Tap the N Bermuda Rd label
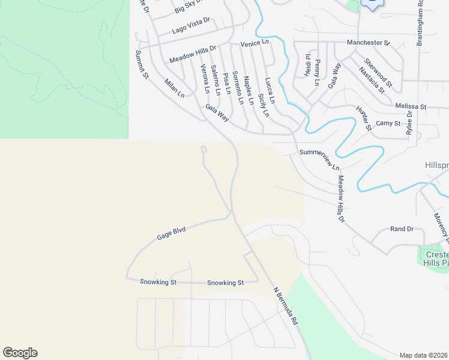pos(286,306)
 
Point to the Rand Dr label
pos(402,229)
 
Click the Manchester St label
pos(369,43)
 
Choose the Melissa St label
pos(411,106)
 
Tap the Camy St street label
pos(388,124)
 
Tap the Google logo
pos(20,353)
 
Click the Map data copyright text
pos(424,355)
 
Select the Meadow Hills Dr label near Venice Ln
pos(192,55)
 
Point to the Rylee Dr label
pos(409,124)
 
